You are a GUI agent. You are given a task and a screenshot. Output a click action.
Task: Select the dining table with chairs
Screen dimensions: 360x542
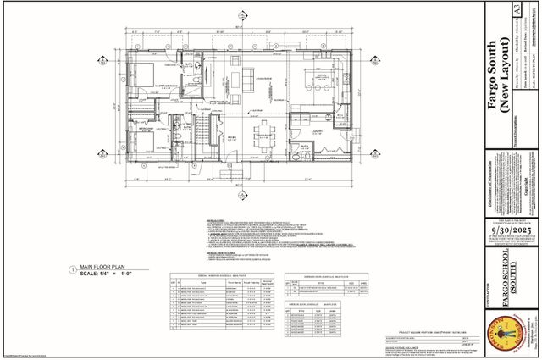(267, 133)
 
